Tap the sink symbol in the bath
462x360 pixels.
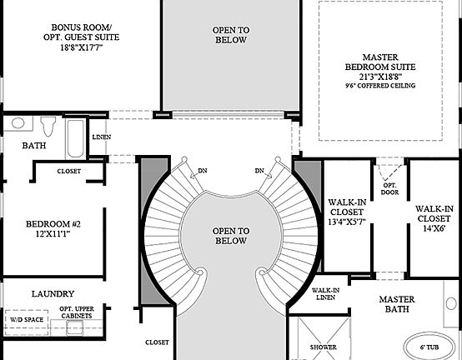click(18, 123)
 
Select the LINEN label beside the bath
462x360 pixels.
click(101, 137)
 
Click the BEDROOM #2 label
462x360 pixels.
click(53, 224)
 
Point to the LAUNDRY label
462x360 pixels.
click(53, 294)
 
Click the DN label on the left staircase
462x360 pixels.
click(202, 171)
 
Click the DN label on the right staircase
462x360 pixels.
click(259, 171)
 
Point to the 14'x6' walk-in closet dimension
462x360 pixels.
click(434, 227)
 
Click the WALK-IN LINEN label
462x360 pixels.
click(324, 294)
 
